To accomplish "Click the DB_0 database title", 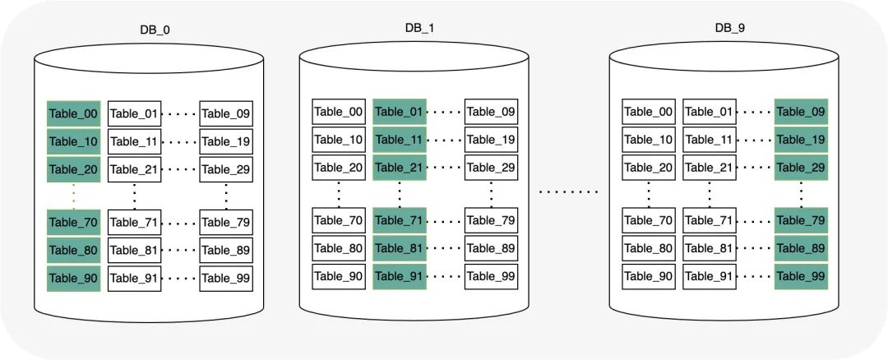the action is click(155, 30).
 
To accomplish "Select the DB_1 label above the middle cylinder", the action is click(419, 28).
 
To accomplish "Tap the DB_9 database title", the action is click(730, 28).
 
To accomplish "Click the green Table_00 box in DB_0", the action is click(74, 113).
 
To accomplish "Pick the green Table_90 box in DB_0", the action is click(74, 278).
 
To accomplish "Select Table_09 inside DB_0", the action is click(226, 113).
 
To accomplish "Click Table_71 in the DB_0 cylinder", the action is click(134, 223).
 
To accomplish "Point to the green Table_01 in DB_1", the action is click(400, 112).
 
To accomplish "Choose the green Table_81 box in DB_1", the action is click(400, 248).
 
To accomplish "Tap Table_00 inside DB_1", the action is click(339, 112).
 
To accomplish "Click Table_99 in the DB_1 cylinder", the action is click(491, 276).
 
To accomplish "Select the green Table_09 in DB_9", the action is click(801, 112).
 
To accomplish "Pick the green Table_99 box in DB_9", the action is click(801, 276).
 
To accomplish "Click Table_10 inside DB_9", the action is click(649, 139).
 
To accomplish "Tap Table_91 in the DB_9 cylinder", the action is click(709, 276).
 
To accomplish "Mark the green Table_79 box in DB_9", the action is click(801, 220).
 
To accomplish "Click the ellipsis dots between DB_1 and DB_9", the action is click(568, 192).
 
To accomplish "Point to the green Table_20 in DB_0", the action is click(74, 169).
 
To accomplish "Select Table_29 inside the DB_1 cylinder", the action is click(491, 167).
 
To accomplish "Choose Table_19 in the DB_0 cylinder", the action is click(226, 141).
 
